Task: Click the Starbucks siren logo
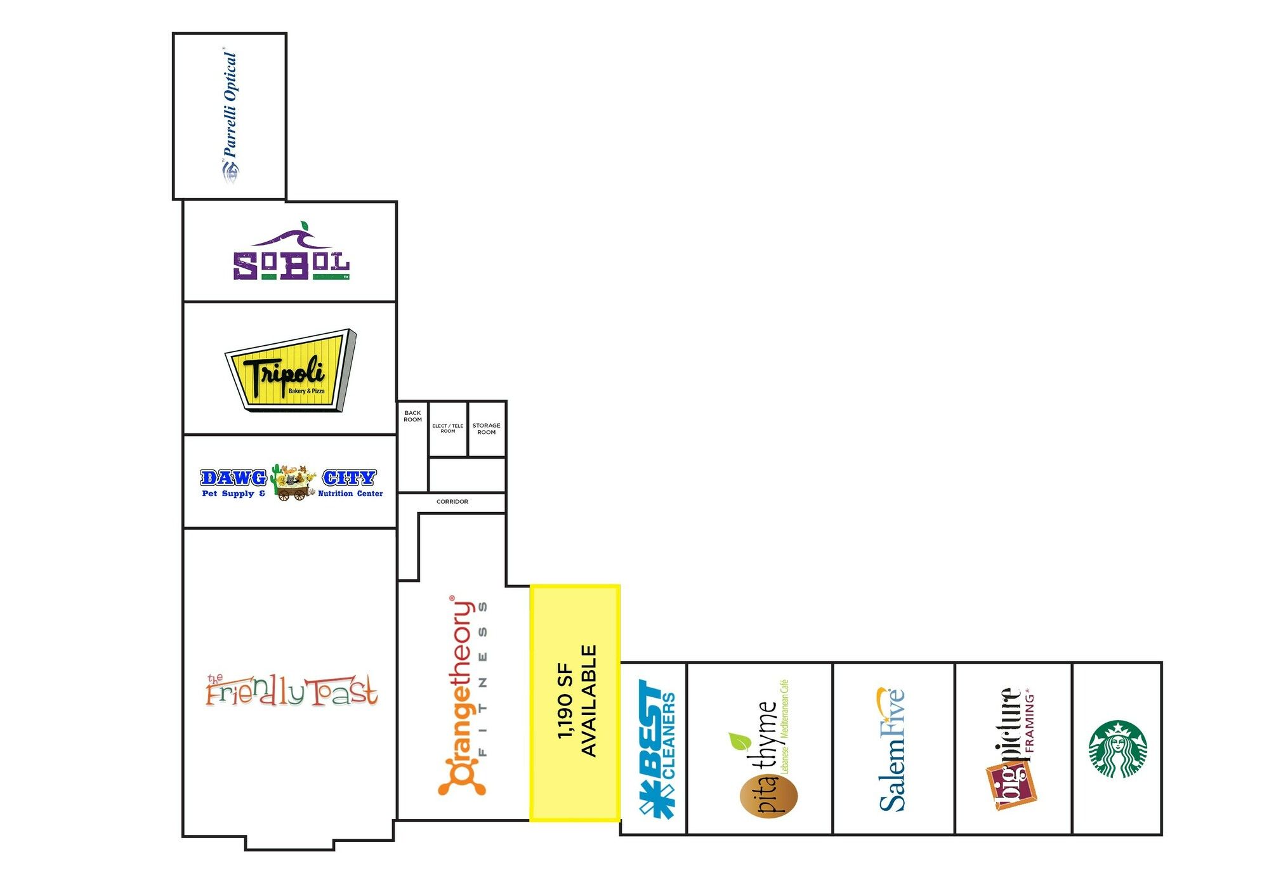coord(1117,749)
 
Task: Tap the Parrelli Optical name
coord(230,105)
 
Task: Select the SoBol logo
coord(291,251)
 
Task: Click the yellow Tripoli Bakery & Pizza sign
coord(291,371)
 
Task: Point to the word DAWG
coord(233,478)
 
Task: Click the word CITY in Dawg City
coord(349,478)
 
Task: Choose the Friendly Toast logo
coord(292,690)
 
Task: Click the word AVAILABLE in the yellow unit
coord(589,701)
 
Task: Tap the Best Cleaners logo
coord(657,749)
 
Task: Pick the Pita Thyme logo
coord(765,749)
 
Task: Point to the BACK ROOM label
coord(412,416)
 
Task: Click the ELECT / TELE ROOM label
coord(448,428)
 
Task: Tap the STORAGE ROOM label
coord(487,429)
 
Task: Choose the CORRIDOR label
coord(452,502)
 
